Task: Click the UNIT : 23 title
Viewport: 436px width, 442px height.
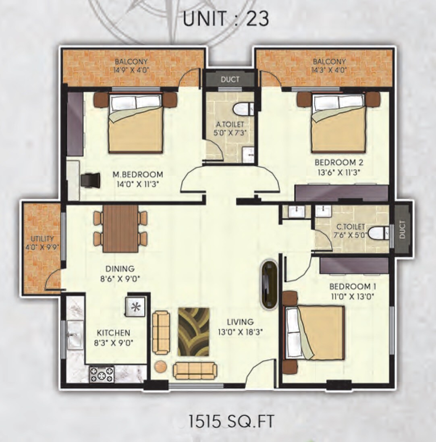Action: coord(226,19)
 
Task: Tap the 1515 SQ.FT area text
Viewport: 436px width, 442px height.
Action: coord(231,421)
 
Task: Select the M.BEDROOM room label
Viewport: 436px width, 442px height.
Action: coord(137,174)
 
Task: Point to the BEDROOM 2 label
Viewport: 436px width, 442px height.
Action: coord(339,163)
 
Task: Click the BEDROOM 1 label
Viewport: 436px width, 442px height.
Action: coord(350,286)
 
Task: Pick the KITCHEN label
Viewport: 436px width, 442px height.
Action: coord(113,333)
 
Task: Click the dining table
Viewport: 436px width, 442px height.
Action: coord(120,228)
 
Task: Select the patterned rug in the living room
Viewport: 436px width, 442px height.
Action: coord(193,332)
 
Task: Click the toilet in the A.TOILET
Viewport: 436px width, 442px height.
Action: coord(243,108)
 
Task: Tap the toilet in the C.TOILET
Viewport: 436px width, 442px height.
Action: coord(378,233)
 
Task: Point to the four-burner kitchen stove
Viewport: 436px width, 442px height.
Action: coord(101,374)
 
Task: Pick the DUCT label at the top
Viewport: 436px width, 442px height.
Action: coord(230,79)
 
